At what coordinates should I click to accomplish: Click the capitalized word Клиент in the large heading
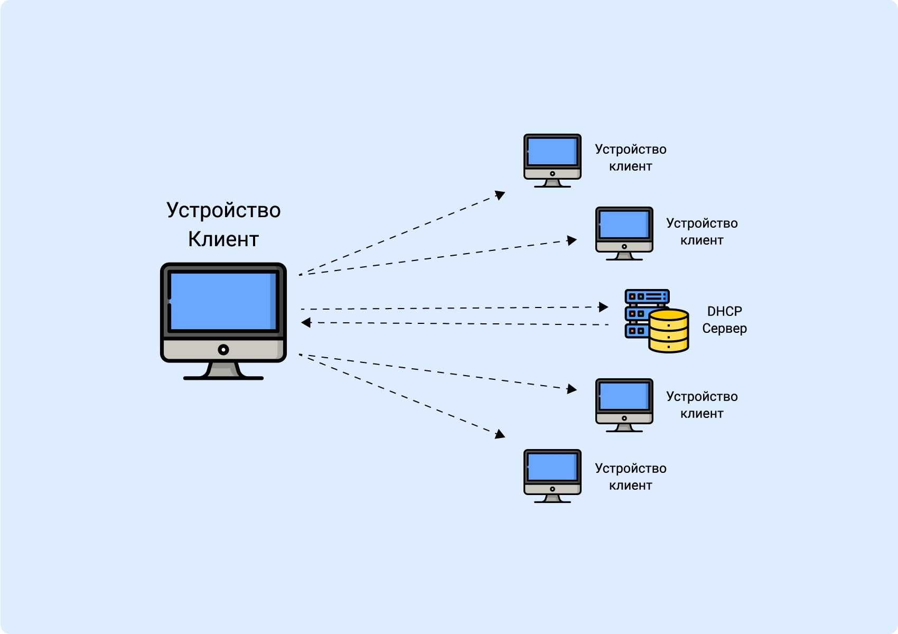(223, 239)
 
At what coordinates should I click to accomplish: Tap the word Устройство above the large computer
(223, 210)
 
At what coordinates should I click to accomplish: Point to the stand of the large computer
(223, 370)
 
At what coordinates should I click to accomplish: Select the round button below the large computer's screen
(223, 349)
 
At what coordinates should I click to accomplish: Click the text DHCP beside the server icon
(724, 311)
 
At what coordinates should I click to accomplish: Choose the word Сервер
(724, 329)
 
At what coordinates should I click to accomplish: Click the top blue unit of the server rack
(647, 296)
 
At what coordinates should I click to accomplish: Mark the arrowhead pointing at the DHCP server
(604, 307)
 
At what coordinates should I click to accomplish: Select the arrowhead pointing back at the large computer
(306, 322)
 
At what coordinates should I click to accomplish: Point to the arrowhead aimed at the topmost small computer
(500, 195)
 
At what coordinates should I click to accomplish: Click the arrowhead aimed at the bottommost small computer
(500, 435)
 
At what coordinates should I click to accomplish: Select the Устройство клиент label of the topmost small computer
(630, 157)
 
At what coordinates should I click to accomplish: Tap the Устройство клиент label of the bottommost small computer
(630, 477)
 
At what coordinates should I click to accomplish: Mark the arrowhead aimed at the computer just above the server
(572, 240)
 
